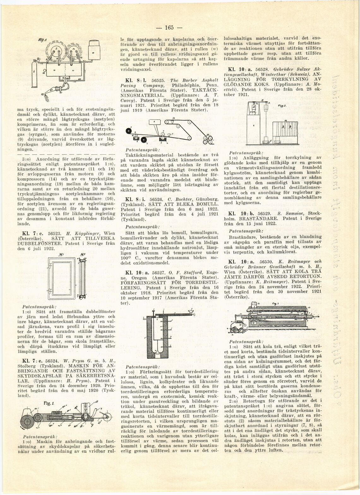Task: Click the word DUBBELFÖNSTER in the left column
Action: [40, 244]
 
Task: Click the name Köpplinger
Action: [85, 234]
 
